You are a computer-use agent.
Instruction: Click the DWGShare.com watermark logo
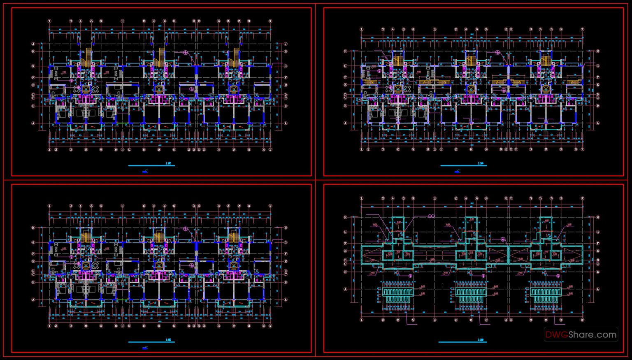581,335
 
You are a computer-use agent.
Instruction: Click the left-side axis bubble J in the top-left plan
33,44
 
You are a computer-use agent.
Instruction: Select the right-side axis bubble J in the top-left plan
286,44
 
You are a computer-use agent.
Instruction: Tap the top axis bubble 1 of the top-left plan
50,21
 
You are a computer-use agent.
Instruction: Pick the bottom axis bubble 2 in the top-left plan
56,150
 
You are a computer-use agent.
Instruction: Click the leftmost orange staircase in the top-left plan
86,58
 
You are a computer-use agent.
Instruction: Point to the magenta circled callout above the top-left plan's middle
186,53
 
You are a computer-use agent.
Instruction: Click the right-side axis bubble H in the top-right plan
598,51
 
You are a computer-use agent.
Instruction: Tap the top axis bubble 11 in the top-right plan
434,30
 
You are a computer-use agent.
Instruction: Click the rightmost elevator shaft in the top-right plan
546,89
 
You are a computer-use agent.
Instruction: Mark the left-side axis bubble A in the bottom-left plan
33,300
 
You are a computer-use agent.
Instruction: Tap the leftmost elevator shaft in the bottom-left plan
86,265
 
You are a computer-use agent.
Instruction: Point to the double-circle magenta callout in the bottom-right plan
431,216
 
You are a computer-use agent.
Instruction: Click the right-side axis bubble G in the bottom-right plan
598,232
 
